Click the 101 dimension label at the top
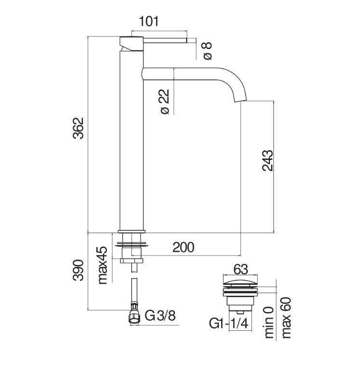tap(149, 21)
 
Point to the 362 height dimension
tap(78, 128)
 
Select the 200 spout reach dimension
tap(184, 247)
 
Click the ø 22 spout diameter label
tap(165, 102)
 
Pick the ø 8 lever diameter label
tap(207, 51)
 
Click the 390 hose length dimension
tap(78, 270)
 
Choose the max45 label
tap(102, 265)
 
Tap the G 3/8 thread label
tap(160, 316)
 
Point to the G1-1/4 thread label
tap(228, 324)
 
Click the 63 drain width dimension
tap(240, 270)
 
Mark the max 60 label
tap(286, 318)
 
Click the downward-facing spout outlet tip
tap(240, 99)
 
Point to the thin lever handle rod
tap(165, 40)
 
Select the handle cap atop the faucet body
tap(132, 43)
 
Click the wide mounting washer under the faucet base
tap(132, 245)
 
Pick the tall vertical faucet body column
tap(132, 141)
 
